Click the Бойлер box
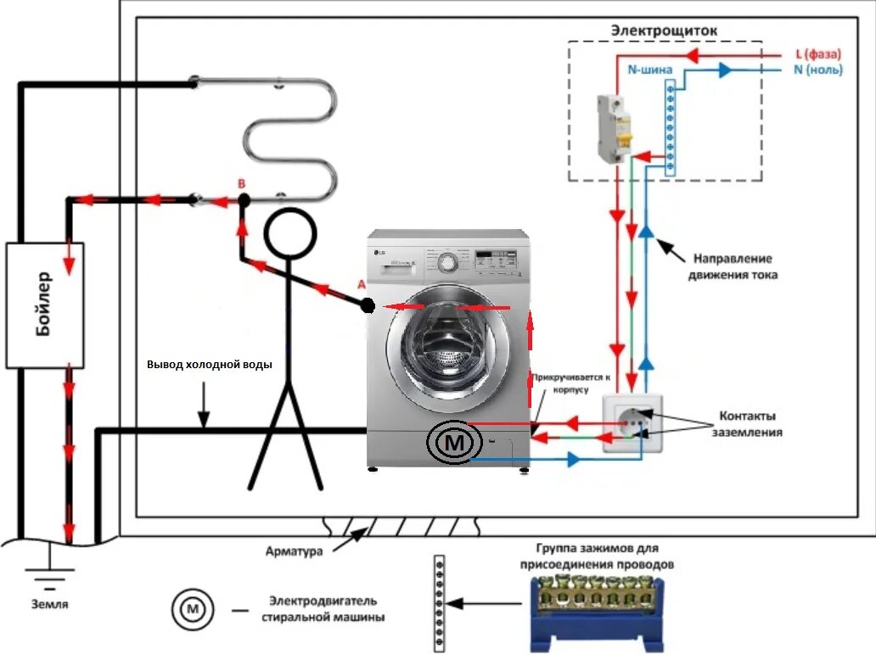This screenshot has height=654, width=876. pyautogui.click(x=45, y=305)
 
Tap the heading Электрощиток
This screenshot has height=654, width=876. pyautogui.click(x=664, y=31)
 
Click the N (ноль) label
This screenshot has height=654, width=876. pyautogui.click(x=817, y=70)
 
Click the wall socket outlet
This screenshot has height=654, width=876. pyautogui.click(x=632, y=423)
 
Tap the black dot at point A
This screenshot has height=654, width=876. pyautogui.click(x=368, y=306)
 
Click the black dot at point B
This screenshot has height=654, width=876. pyautogui.click(x=244, y=200)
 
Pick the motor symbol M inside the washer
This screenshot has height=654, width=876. pyautogui.click(x=457, y=442)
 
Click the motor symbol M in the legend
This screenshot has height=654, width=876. pyautogui.click(x=193, y=608)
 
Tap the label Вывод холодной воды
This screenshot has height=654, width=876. pyautogui.click(x=210, y=365)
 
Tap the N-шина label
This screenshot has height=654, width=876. pyautogui.click(x=650, y=70)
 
